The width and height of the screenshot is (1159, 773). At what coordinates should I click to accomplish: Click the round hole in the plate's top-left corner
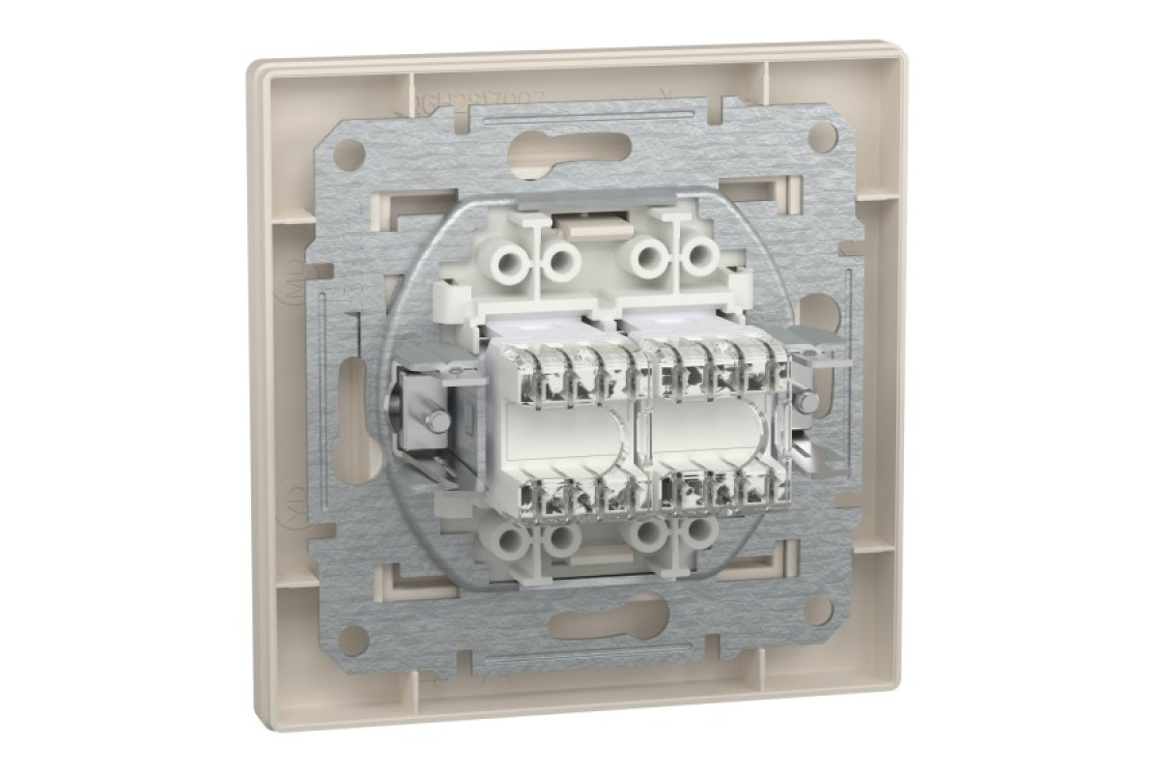[350, 153]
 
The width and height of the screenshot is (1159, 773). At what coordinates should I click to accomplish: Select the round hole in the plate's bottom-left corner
[353, 639]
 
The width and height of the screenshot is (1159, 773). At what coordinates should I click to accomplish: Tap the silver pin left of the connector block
[437, 420]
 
